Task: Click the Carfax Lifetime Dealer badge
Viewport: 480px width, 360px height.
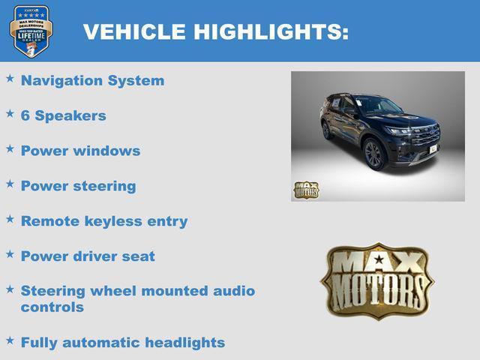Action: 31,31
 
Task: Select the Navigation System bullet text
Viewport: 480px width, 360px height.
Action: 92,80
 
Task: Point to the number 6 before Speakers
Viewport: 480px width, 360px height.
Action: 25,115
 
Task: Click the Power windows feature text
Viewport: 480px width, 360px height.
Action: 80,151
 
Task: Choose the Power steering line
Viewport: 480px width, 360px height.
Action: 78,186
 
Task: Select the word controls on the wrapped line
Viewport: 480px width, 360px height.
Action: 52,307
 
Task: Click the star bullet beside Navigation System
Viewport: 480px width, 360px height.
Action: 10,78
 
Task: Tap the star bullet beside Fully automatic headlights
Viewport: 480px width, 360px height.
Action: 10,340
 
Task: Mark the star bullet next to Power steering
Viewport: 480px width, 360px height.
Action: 10,184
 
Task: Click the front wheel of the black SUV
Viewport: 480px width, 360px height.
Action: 374,155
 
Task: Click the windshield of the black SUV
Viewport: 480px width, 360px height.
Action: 379,106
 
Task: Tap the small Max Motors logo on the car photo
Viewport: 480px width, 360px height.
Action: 306,190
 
